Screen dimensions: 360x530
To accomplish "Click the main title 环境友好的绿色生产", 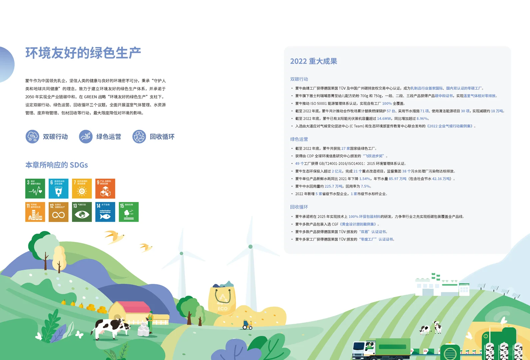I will [83, 53].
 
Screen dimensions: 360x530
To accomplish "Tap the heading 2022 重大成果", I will [313, 61].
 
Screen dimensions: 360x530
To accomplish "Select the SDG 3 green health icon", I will [35, 189].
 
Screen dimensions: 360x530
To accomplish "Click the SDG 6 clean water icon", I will [59, 189].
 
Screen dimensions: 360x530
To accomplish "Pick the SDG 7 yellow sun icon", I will [82, 189].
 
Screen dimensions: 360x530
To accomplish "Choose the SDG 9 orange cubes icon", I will [105, 189].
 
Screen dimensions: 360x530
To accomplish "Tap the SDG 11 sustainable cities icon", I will [35, 212].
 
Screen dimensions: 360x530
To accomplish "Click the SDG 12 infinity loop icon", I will [59, 212].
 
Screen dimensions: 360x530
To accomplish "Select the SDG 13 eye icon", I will [82, 212].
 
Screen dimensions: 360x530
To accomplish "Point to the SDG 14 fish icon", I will [105, 212].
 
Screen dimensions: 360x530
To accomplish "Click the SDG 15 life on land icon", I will [129, 212].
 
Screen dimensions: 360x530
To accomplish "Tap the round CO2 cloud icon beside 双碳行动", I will [32, 137].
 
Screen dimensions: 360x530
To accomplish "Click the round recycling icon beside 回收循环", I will [139, 137].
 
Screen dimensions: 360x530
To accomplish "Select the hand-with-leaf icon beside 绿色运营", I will [86, 137].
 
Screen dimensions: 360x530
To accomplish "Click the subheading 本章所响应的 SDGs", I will [57, 165].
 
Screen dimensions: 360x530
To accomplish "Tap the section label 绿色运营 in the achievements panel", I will [299, 139].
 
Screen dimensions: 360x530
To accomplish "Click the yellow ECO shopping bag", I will [222, 299].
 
